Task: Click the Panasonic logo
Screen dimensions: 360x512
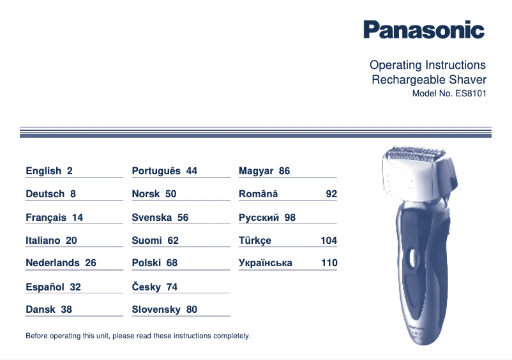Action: point(424,29)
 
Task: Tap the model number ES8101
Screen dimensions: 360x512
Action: point(471,93)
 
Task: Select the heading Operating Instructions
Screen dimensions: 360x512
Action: point(427,65)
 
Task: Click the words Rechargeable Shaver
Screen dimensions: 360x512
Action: point(428,80)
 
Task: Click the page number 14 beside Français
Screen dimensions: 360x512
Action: point(77,218)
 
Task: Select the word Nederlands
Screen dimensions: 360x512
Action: point(52,263)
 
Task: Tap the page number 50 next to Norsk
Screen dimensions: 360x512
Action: point(170,194)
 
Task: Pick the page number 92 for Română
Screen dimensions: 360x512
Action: point(331,194)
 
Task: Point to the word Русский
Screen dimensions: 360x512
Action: point(259,218)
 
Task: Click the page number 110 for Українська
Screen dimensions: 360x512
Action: point(329,263)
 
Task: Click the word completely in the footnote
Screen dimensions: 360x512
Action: point(233,336)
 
